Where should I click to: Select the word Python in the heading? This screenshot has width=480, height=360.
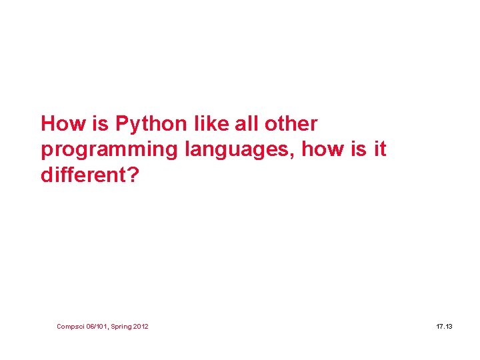(x=150, y=125)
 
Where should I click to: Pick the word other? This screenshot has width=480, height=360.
(x=291, y=124)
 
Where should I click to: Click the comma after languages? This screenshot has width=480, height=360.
(x=294, y=155)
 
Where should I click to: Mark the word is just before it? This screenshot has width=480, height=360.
(x=359, y=150)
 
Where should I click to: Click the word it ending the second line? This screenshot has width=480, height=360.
(x=380, y=150)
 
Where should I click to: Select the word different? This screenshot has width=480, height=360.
(x=82, y=175)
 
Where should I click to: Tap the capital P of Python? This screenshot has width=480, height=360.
(x=121, y=124)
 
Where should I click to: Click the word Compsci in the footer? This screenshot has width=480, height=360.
(x=70, y=326)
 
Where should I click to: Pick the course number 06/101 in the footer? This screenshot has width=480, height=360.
(x=98, y=326)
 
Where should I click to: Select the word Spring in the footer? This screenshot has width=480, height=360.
(x=123, y=326)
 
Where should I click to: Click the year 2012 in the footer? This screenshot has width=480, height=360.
(x=142, y=326)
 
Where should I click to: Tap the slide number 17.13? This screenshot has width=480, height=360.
(x=444, y=326)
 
